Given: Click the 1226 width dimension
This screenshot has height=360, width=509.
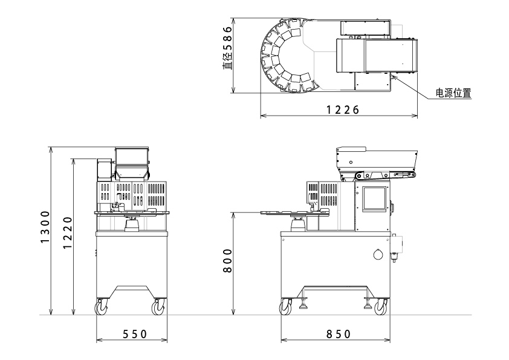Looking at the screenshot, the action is click(x=343, y=110).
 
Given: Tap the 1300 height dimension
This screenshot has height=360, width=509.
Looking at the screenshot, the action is click(x=45, y=227).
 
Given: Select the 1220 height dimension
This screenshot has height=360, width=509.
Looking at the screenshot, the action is click(x=68, y=232).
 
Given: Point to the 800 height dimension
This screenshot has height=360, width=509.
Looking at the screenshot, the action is click(x=228, y=261).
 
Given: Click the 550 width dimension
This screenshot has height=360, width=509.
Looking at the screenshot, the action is click(x=135, y=334).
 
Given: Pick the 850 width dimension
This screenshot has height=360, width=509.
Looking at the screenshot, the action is click(x=339, y=334).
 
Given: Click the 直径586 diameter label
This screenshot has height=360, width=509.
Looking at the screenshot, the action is click(x=227, y=47).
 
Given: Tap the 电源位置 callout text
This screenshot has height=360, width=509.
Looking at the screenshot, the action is click(x=453, y=93).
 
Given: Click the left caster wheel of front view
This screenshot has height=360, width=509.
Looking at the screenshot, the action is click(x=102, y=307).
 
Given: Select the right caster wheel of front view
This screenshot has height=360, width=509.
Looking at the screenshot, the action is click(x=158, y=307).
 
